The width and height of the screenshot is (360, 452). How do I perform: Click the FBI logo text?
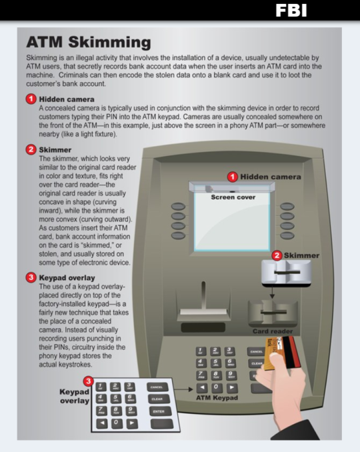tap(291, 11)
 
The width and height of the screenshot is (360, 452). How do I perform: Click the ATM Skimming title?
tap(89, 42)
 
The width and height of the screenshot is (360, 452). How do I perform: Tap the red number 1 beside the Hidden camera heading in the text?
tap(31, 99)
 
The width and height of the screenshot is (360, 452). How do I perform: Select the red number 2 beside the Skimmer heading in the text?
tap(31, 149)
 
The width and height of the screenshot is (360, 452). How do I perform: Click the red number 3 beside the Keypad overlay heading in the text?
tap(31, 277)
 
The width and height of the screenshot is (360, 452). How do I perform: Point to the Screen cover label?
tap(233, 197)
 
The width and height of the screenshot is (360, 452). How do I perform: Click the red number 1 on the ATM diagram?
tap(233, 177)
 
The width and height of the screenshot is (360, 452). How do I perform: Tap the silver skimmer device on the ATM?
tap(286, 273)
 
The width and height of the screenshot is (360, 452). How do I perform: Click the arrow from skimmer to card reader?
tap(272, 292)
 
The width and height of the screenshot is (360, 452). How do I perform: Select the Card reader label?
tap(273, 331)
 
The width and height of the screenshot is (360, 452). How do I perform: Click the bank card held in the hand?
tap(282, 354)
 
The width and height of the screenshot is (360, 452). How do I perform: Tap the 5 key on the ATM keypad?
tap(215, 363)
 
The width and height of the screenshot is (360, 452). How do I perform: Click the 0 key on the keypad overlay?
tap(117, 423)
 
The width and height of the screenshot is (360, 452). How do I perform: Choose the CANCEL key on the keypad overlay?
tap(157, 387)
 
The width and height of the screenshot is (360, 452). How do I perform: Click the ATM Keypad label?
tap(217, 398)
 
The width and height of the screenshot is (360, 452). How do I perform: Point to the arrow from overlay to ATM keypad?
tap(183, 389)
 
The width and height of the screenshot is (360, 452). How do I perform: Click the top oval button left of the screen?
tap(178, 207)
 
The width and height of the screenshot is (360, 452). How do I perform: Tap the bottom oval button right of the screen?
tap(287, 235)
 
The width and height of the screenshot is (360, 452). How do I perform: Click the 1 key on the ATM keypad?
tap(201, 351)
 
